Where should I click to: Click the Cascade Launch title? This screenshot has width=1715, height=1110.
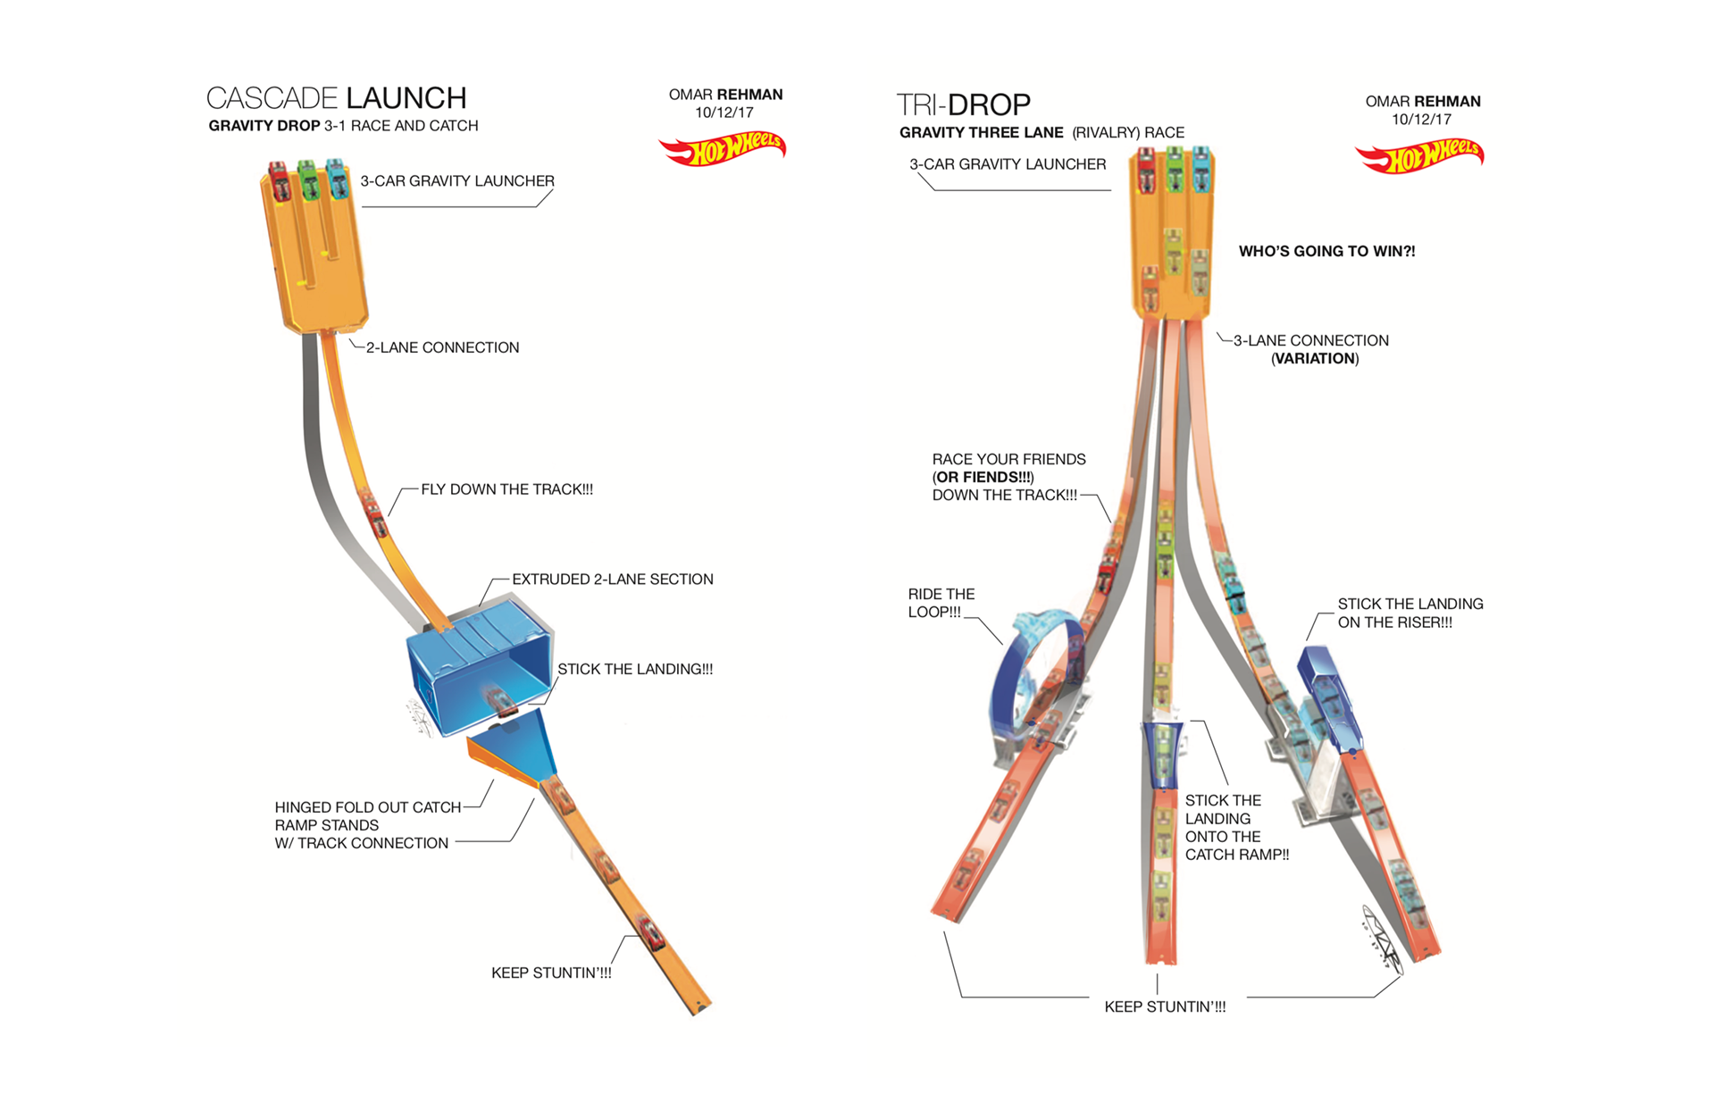[336, 98]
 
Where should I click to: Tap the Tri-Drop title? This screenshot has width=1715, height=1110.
[963, 105]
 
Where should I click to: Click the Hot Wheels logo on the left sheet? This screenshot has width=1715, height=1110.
[722, 149]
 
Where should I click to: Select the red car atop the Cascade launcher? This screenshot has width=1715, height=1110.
[279, 181]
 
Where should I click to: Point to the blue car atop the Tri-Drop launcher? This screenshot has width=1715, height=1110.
[1201, 168]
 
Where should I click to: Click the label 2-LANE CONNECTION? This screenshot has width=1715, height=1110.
[442, 347]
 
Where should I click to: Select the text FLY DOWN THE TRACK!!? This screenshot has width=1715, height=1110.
[506, 489]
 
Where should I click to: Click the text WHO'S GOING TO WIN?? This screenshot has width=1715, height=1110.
[1326, 251]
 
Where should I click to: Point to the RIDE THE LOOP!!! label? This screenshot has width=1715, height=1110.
[940, 603]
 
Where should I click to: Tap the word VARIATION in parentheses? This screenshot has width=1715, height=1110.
[1315, 358]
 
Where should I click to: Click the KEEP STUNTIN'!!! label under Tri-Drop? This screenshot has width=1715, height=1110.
[1165, 1006]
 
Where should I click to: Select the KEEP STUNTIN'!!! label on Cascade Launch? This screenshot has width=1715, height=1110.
[551, 972]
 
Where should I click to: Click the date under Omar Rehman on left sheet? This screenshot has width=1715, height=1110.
[724, 113]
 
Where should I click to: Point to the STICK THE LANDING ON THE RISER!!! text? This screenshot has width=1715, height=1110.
[1410, 613]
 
